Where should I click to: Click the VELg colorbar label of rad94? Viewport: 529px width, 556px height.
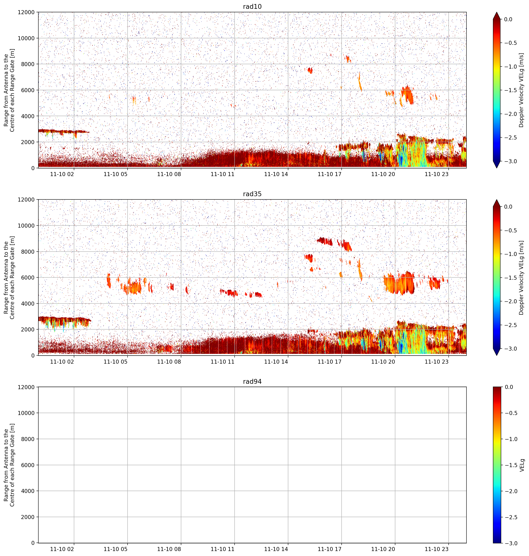point(522,465)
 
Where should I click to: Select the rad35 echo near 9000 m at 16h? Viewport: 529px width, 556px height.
point(325,241)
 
